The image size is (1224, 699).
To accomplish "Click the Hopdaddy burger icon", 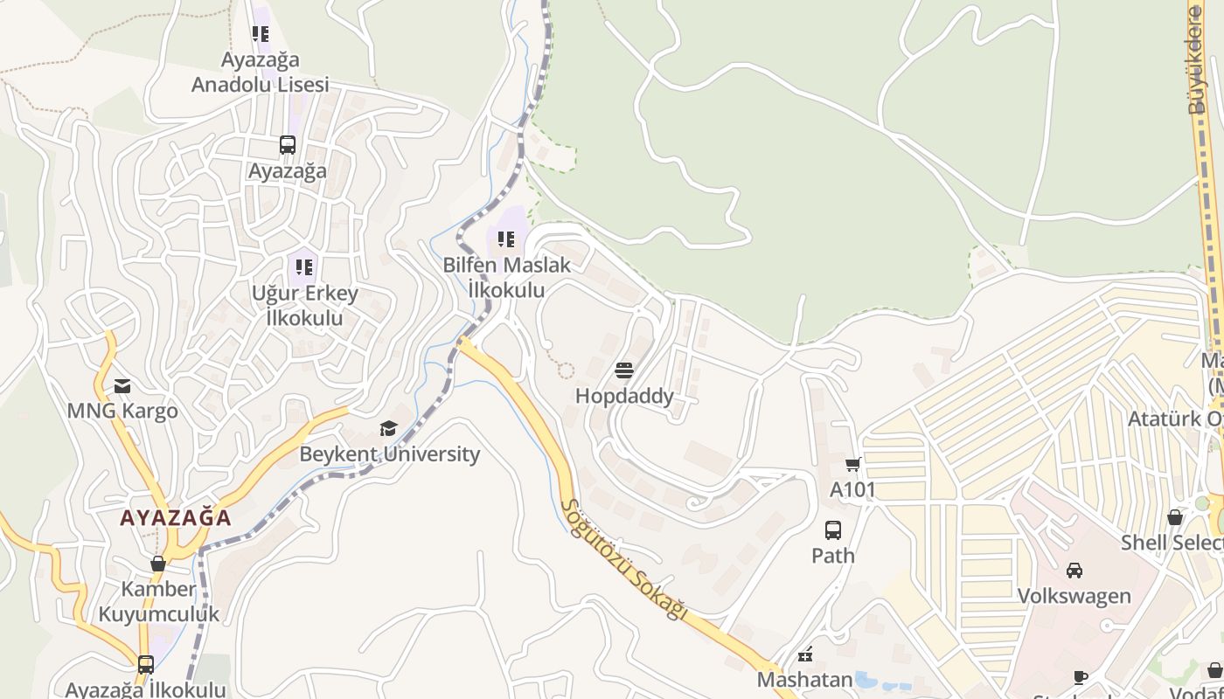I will coord(623,370).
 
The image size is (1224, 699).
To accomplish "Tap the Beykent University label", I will coord(390,453).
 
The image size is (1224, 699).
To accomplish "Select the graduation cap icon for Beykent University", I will coord(388,428).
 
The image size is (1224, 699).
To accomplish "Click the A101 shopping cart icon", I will coord(852,464).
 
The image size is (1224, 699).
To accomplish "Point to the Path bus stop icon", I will coord(833,529).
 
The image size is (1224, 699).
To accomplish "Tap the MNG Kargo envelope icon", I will coord(122,385).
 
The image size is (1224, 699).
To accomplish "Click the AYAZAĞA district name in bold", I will coord(176,517).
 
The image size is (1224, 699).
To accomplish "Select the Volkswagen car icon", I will coord(1074,571).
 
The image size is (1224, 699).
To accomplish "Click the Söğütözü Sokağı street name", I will coord(623,560).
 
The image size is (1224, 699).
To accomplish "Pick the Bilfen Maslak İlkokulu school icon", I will coord(506,239).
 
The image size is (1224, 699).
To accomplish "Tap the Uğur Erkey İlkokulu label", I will coord(304,305).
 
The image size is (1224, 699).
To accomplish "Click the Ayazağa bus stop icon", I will coord(287,145).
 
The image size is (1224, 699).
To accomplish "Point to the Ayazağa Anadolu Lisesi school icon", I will coord(261,34).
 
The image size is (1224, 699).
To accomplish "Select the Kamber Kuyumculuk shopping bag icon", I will coord(158,564).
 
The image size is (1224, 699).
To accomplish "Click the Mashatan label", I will coord(804,679).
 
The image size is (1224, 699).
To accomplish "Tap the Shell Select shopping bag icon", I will coord(1175,517).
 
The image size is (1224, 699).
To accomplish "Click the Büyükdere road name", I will coord(1196,61).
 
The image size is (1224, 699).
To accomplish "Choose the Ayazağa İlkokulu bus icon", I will coord(145,665).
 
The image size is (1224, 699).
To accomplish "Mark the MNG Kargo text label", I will coord(122,411).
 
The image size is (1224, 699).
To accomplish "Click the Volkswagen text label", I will coord(1074,596).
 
